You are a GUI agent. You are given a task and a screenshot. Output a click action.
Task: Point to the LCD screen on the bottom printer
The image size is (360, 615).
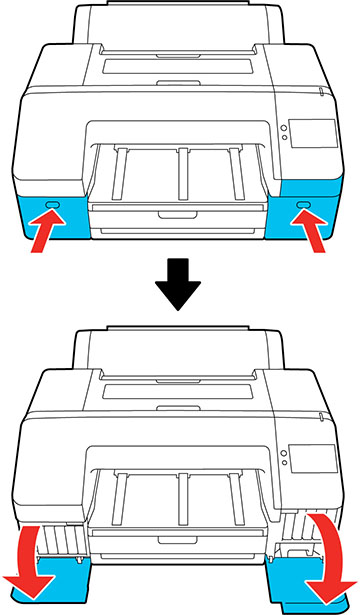pos(311,459)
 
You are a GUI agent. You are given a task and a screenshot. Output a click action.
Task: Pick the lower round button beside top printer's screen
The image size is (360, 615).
pos(284,141)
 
